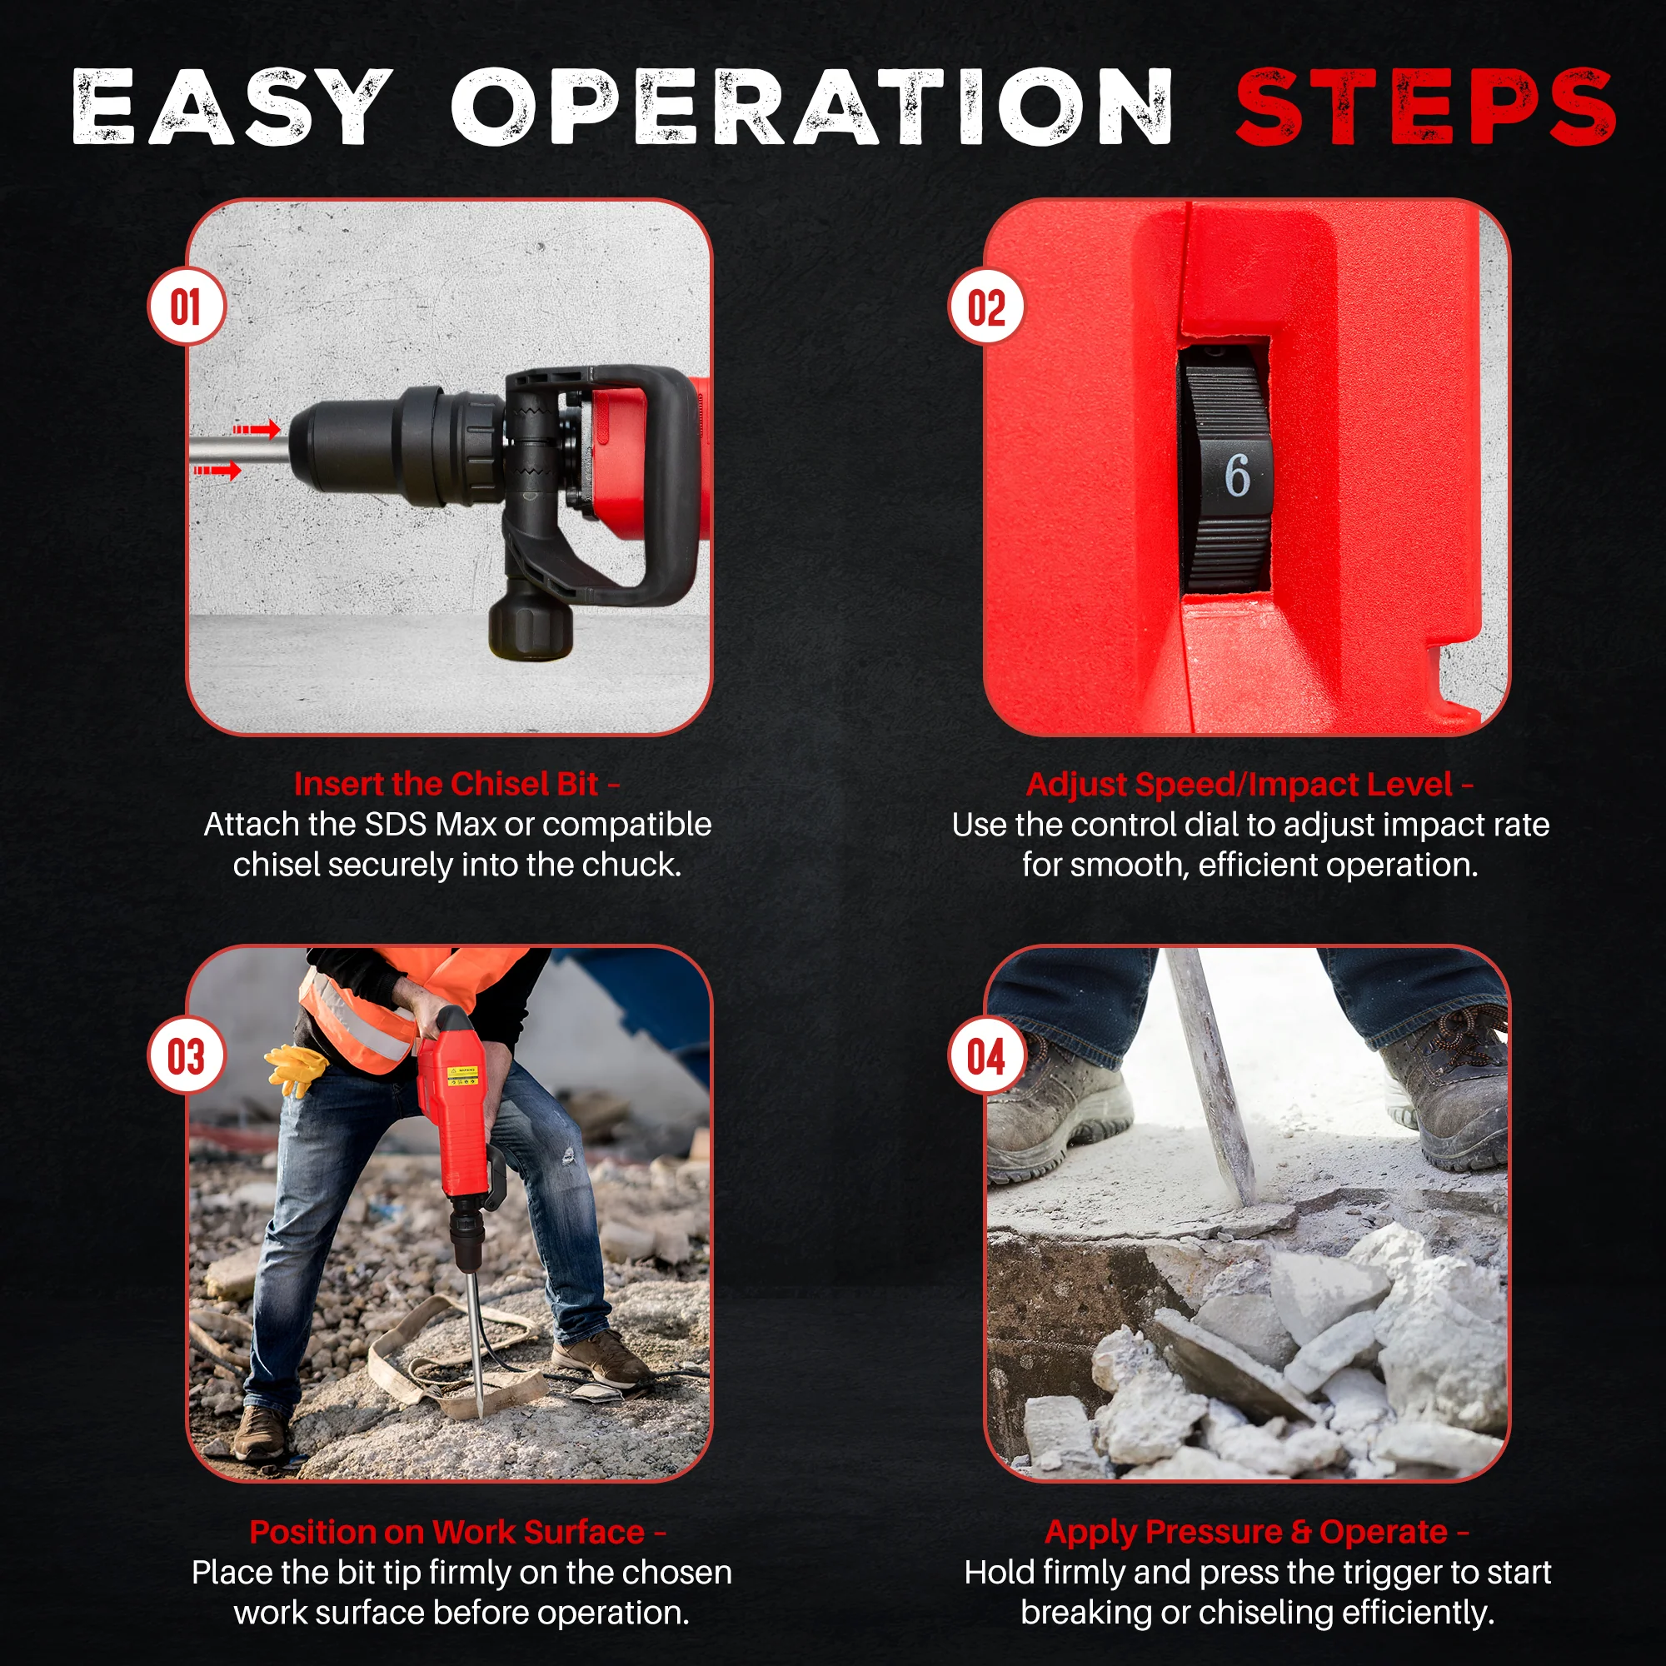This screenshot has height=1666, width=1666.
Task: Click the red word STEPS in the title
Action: click(x=1424, y=107)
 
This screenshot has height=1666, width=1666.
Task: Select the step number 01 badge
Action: click(x=187, y=307)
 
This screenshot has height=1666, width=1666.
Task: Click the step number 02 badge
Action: click(x=986, y=307)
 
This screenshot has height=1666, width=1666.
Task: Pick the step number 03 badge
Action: click(x=187, y=1056)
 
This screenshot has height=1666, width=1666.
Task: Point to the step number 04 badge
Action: click(x=986, y=1056)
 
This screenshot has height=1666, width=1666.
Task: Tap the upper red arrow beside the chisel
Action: click(x=256, y=428)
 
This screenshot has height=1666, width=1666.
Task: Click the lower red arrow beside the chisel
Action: click(x=217, y=470)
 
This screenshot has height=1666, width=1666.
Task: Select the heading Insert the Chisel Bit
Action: click(x=446, y=784)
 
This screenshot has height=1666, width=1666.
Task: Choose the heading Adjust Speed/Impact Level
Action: click(x=1240, y=784)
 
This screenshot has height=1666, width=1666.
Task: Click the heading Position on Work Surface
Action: click(x=446, y=1533)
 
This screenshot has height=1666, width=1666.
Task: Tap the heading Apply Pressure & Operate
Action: click(x=1246, y=1533)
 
